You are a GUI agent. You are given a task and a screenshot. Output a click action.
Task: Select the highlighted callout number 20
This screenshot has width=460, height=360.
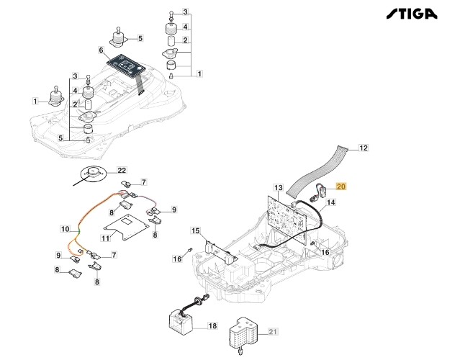click(x=341, y=186)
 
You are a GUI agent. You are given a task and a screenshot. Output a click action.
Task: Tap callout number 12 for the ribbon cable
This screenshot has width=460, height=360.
click(x=364, y=148)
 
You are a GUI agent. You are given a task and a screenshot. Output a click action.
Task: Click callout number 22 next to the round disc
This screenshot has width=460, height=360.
click(x=122, y=170)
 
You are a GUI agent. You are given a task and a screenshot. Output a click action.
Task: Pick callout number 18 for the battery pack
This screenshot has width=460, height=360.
click(x=212, y=325)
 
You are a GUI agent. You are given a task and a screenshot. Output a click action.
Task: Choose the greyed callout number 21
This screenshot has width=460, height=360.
click(x=272, y=330)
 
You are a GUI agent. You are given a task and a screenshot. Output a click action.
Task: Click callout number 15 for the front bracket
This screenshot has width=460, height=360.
click(x=195, y=230)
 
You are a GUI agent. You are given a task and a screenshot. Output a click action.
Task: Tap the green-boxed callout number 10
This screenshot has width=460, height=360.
click(x=65, y=229)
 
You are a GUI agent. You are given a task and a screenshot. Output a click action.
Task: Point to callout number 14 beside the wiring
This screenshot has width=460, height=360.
click(x=331, y=203)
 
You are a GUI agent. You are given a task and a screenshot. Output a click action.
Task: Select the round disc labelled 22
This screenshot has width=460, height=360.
click(x=93, y=174)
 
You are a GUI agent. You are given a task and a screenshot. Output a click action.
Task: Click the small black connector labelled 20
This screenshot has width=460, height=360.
click(x=320, y=192)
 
